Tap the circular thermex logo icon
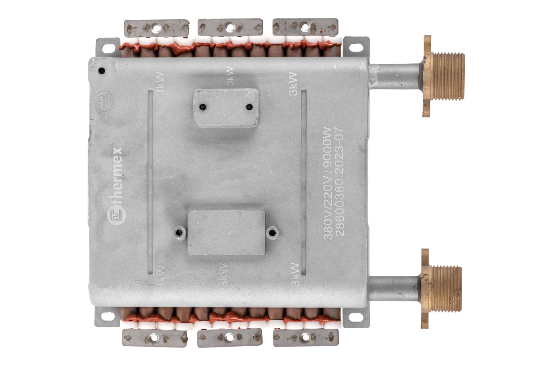point(116,216)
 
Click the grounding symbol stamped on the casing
point(104,103)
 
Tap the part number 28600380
point(339,207)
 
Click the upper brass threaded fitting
point(443,76)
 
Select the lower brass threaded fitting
point(441,289)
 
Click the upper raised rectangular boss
point(226,108)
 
